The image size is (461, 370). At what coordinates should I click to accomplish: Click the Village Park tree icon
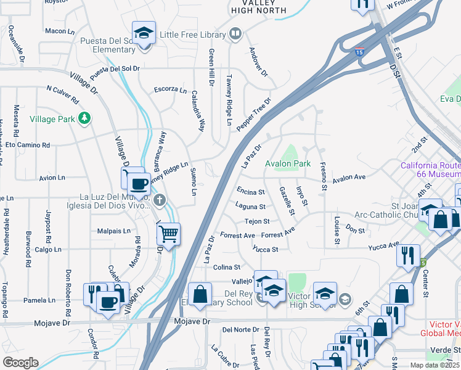coord(84,118)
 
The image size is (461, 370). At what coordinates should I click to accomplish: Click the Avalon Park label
coord(288,163)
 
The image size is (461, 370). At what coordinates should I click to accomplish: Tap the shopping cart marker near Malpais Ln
coord(168,234)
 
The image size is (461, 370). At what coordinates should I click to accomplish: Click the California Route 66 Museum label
coord(430,170)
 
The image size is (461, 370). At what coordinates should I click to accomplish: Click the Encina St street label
coord(250,192)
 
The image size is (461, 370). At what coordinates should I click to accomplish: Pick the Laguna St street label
coord(250,207)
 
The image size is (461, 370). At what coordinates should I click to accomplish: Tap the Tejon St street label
coord(257,221)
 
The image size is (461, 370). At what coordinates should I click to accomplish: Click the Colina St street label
coord(226,267)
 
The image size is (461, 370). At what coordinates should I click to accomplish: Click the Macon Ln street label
coord(59,31)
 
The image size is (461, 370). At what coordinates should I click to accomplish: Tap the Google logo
coord(20,363)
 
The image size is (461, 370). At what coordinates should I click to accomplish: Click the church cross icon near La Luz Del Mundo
coord(160,199)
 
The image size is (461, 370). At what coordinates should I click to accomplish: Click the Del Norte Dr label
coord(239,329)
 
